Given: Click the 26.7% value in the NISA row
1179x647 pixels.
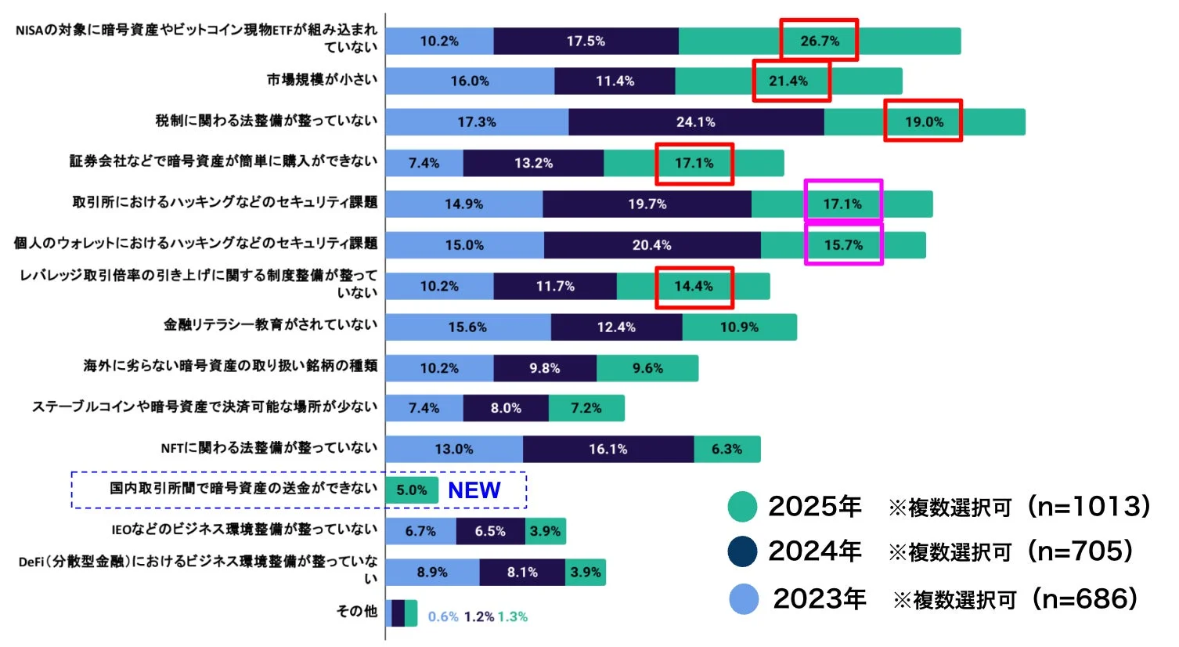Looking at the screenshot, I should pyautogui.click(x=819, y=41).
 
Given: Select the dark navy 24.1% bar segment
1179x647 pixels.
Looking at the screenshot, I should pyautogui.click(x=696, y=122).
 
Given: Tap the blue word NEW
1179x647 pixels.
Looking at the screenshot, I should pyautogui.click(x=474, y=490).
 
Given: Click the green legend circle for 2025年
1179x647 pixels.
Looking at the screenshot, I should pyautogui.click(x=741, y=507).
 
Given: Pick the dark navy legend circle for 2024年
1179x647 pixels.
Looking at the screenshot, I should pyautogui.click(x=741, y=551).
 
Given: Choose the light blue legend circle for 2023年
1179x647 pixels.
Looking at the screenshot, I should pyautogui.click(x=743, y=599).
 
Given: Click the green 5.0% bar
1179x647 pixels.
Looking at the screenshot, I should pyautogui.click(x=411, y=490).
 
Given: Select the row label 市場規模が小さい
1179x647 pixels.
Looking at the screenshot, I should pyautogui.click(x=322, y=80).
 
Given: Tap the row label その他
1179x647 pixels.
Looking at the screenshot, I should pyautogui.click(x=356, y=611).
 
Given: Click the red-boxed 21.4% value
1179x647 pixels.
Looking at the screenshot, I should pyautogui.click(x=788, y=81).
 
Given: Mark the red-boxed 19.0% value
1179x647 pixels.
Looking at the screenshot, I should pyautogui.click(x=924, y=121).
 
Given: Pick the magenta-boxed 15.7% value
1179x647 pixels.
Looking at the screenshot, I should pyautogui.click(x=843, y=245).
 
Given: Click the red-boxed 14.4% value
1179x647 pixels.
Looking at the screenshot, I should pyautogui.click(x=694, y=287).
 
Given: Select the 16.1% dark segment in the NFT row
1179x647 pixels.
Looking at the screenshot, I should pyautogui.click(x=608, y=450).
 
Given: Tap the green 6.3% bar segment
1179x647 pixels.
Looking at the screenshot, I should pyautogui.click(x=727, y=450).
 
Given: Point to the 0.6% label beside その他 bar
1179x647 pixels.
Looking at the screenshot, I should pyautogui.click(x=443, y=617).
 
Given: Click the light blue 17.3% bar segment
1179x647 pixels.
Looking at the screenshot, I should pyautogui.click(x=477, y=122).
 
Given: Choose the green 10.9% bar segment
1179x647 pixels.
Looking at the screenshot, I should pyautogui.click(x=739, y=327).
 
